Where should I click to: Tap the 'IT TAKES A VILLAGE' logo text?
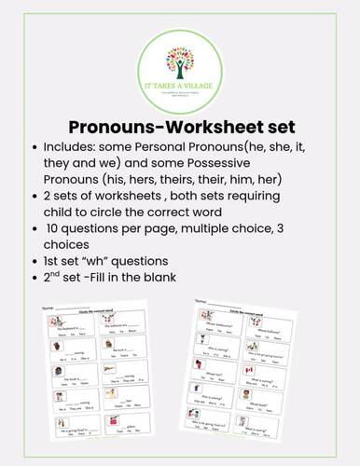181,86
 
